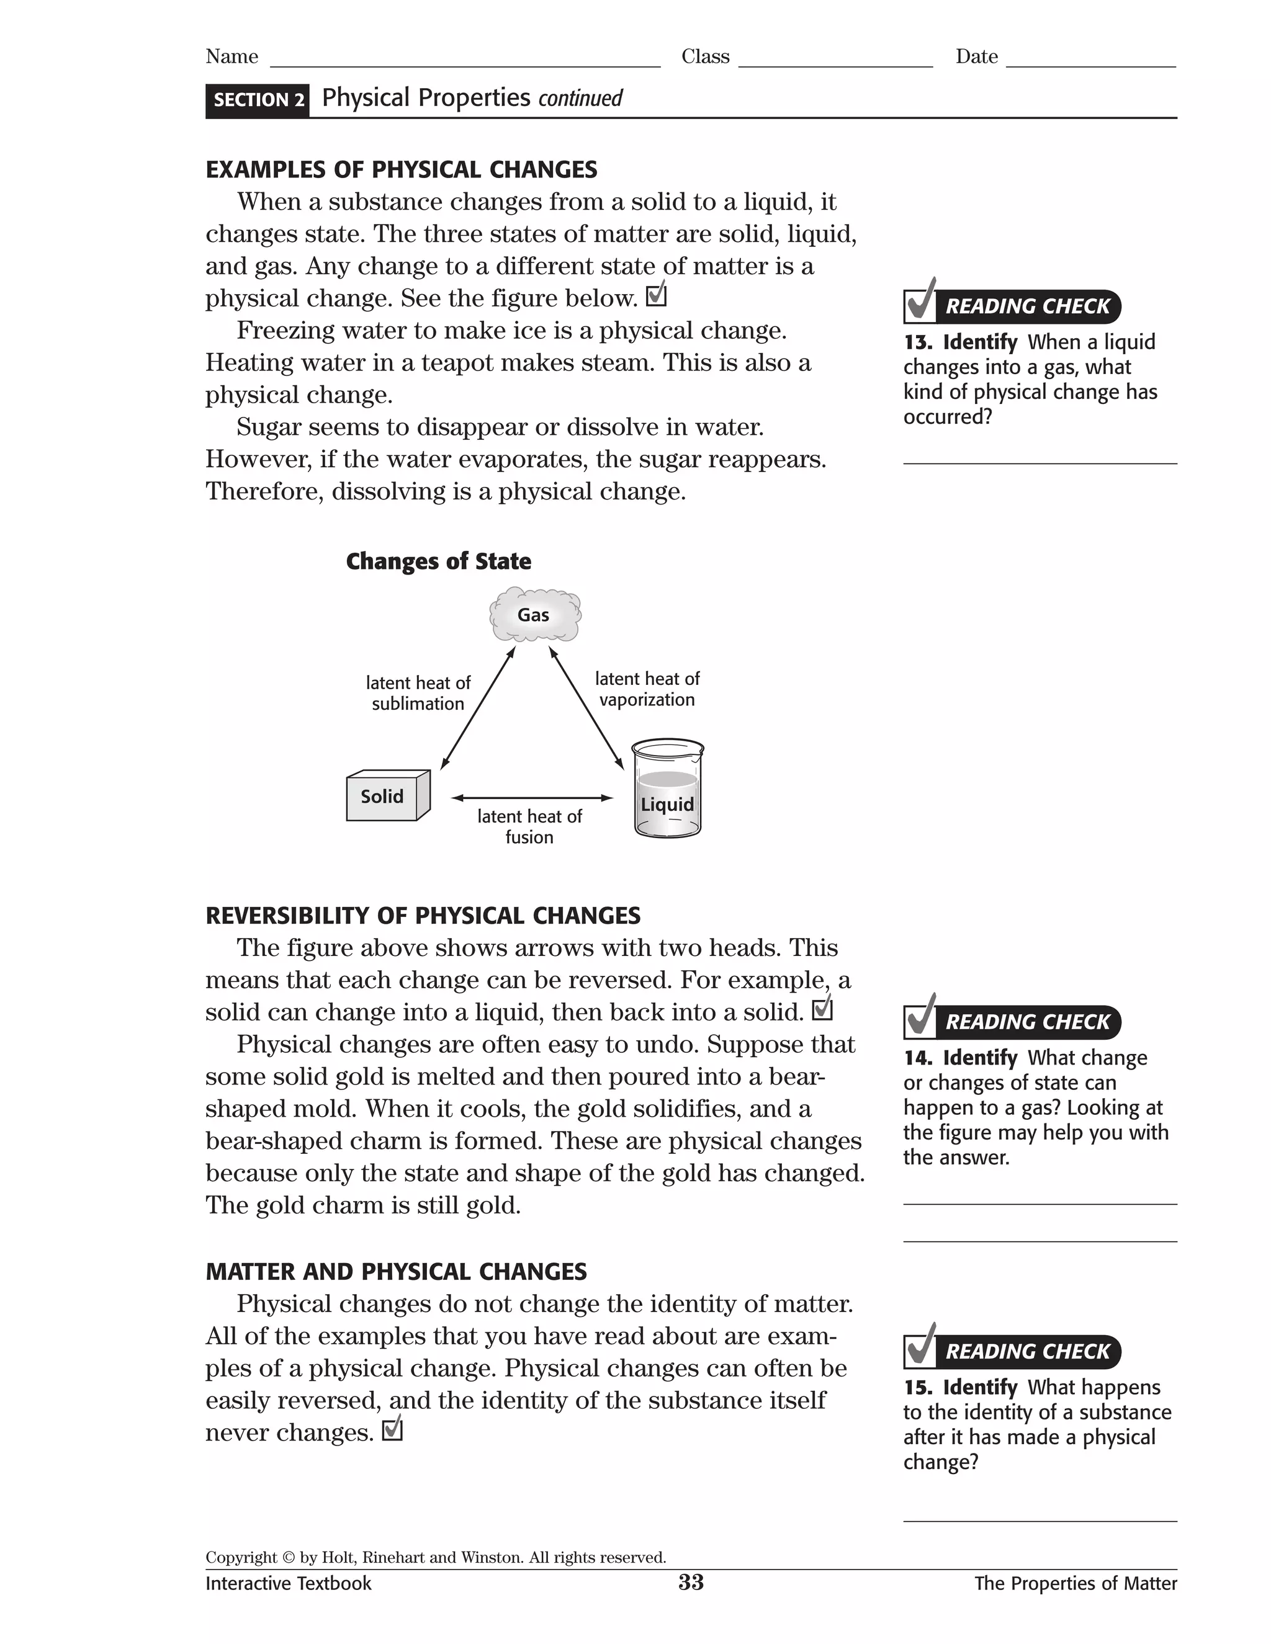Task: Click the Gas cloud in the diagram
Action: click(534, 615)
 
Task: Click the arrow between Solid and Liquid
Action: click(532, 797)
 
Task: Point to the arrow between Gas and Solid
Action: click(477, 708)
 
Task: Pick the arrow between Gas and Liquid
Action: click(586, 708)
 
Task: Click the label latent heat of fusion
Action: click(529, 826)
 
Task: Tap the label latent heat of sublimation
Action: click(418, 694)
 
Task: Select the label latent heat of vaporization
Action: click(647, 689)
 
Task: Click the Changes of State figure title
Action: click(438, 561)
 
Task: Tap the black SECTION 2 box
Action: click(258, 100)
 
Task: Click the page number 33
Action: click(691, 1583)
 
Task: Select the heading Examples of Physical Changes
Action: click(402, 169)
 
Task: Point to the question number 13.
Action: click(917, 342)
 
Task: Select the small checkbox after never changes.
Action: click(392, 1429)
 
